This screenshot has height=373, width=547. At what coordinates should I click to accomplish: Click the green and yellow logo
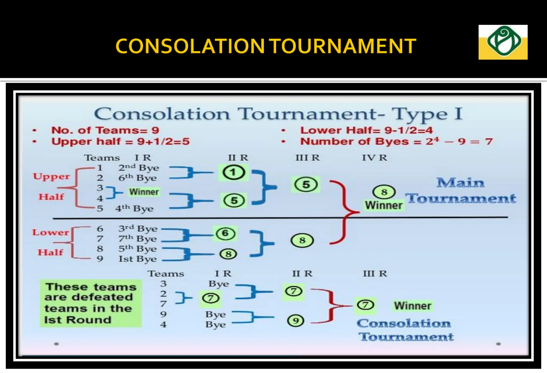point(503,42)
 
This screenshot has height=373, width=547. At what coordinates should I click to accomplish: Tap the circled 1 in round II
point(234,172)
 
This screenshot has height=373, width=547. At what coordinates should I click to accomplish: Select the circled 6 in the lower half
point(225,233)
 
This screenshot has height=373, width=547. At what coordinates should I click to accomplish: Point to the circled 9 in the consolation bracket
point(295,321)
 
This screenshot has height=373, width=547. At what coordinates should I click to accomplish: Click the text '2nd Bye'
point(139,168)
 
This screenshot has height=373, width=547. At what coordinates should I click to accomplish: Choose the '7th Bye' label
point(138,238)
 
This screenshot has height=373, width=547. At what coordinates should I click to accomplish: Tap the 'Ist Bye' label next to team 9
point(138,259)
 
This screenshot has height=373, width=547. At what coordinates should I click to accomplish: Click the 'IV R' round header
point(374,158)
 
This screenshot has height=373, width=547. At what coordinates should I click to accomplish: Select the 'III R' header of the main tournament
point(307,158)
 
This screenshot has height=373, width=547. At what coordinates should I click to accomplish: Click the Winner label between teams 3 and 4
point(144,192)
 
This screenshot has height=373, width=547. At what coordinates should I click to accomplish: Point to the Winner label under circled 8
point(384,205)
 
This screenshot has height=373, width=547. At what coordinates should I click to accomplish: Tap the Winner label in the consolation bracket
point(413,306)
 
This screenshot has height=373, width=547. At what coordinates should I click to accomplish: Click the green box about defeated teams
point(91,303)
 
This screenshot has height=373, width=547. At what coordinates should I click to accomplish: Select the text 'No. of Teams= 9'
point(105,130)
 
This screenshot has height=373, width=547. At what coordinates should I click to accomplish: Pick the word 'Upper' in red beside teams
point(51,176)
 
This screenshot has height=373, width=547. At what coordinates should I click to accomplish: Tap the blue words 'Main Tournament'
point(460,191)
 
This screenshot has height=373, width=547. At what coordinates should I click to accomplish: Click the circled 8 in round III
point(302,240)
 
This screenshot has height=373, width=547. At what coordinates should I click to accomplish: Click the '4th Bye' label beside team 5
point(134,208)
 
